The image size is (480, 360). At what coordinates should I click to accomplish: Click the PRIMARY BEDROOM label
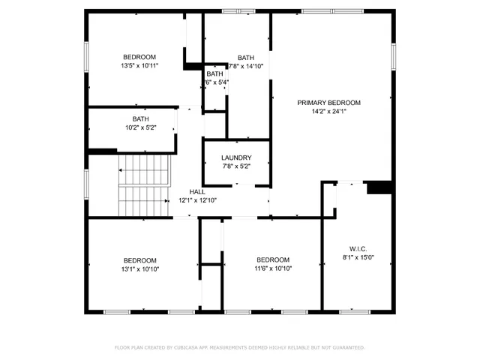pos(328,103)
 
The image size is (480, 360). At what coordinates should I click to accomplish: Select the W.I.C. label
pos(358,249)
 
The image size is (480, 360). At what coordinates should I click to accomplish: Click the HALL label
pos(197,192)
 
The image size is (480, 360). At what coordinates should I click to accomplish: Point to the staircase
pos(145,184)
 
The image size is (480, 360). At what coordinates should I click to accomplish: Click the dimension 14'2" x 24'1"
pos(328,112)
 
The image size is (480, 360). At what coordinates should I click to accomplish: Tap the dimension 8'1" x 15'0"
pos(358,258)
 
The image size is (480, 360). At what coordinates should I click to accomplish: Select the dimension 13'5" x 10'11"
pos(139,66)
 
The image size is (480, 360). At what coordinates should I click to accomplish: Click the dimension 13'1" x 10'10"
pos(140,268)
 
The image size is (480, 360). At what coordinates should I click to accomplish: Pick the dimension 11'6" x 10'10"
pos(273,268)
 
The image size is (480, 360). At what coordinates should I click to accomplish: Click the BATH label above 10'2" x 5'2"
pos(140,118)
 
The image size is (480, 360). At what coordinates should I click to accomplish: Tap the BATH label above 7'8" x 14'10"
pos(246,58)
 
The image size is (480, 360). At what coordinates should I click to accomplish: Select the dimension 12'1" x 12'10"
pos(197,200)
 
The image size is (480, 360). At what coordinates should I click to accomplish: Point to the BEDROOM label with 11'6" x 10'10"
pos(273,260)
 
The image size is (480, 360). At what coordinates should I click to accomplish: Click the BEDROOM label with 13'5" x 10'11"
pos(139,58)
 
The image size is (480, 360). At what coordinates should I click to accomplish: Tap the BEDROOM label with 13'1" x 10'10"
pos(140,260)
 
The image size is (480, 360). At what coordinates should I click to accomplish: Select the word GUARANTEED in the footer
pos(348,348)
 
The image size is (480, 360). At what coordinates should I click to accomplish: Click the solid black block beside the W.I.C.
pos(379,187)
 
